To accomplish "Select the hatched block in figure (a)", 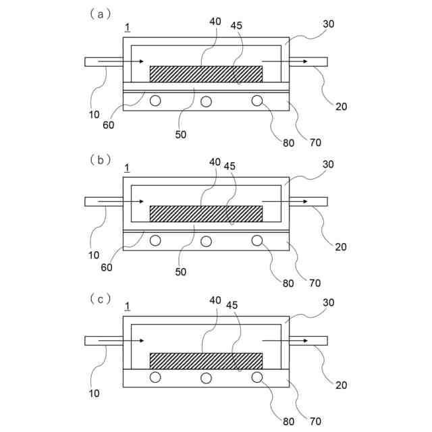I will click(x=205, y=74).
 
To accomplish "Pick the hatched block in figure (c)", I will click(x=205, y=361).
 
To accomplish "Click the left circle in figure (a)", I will click(x=155, y=101).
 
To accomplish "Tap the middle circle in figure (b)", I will click(x=206, y=241).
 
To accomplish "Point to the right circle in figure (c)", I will click(x=256, y=377).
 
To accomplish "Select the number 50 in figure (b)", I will click(x=181, y=272).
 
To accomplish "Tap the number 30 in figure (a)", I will click(x=329, y=24).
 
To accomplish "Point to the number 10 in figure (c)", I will click(x=94, y=392).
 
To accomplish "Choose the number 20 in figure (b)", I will click(x=340, y=247).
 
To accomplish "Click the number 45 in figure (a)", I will click(x=236, y=26).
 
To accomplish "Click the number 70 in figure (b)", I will click(x=315, y=283).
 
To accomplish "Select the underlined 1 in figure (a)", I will click(x=128, y=28).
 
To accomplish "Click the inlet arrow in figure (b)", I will click(x=122, y=201).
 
